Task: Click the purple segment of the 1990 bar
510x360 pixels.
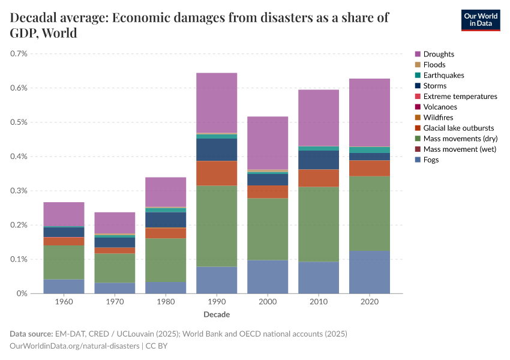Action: [217, 103]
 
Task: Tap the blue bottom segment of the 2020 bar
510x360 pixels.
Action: [370, 272]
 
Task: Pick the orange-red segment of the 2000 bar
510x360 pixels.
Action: [268, 191]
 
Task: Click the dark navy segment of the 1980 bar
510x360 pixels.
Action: [166, 220]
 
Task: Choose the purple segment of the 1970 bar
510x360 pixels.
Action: [115, 223]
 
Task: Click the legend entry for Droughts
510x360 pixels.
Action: [439, 54]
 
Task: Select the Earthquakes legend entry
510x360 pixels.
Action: [443, 75]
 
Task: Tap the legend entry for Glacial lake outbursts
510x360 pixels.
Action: [458, 128]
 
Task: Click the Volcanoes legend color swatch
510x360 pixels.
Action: [418, 107]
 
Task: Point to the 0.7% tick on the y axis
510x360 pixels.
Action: [19, 53]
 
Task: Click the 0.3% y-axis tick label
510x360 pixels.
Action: [19, 191]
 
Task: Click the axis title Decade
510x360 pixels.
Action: [217, 314]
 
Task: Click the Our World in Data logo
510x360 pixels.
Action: [480, 20]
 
